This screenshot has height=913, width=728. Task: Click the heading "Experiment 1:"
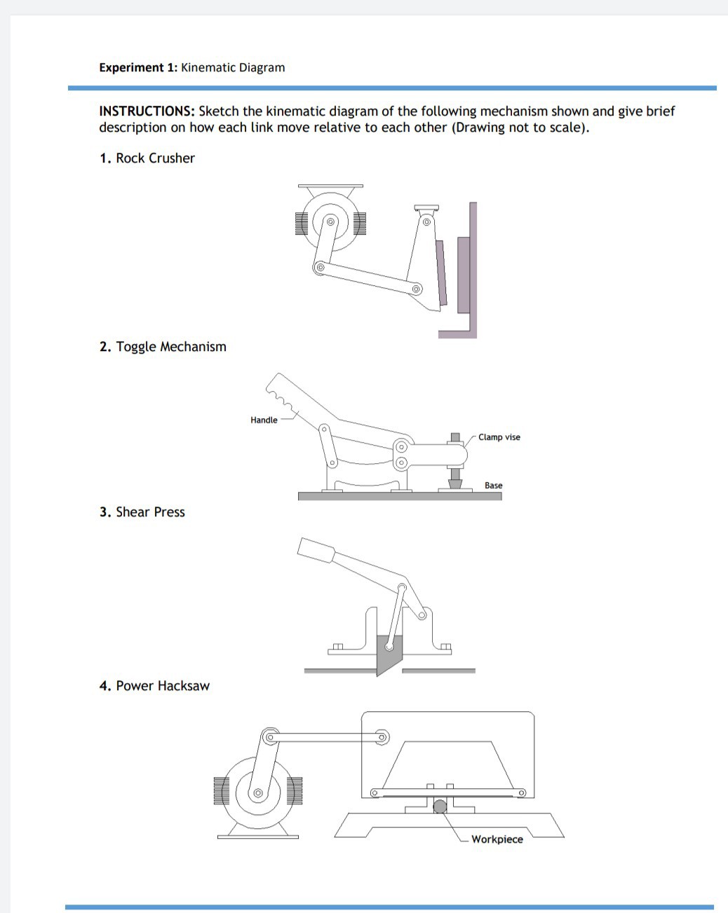138,68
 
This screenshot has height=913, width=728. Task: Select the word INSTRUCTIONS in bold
147,111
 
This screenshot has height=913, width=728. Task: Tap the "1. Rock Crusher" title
147,158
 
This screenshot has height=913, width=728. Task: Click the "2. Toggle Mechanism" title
163,347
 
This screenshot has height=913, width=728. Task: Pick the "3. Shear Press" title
142,512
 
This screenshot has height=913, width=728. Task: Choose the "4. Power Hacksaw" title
154,686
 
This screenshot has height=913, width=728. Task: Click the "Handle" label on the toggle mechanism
264,420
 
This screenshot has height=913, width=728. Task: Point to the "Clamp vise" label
499,437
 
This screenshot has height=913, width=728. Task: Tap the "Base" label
493,486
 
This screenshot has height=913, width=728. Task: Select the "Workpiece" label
497,839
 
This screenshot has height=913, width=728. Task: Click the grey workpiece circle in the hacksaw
440,806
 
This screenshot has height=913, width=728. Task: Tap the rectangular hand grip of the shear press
315,550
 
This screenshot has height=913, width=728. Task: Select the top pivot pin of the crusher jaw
426,222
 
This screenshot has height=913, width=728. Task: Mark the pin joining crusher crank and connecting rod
320,267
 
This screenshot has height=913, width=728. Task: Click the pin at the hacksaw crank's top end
269,736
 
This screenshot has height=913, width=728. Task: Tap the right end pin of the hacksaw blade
522,793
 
